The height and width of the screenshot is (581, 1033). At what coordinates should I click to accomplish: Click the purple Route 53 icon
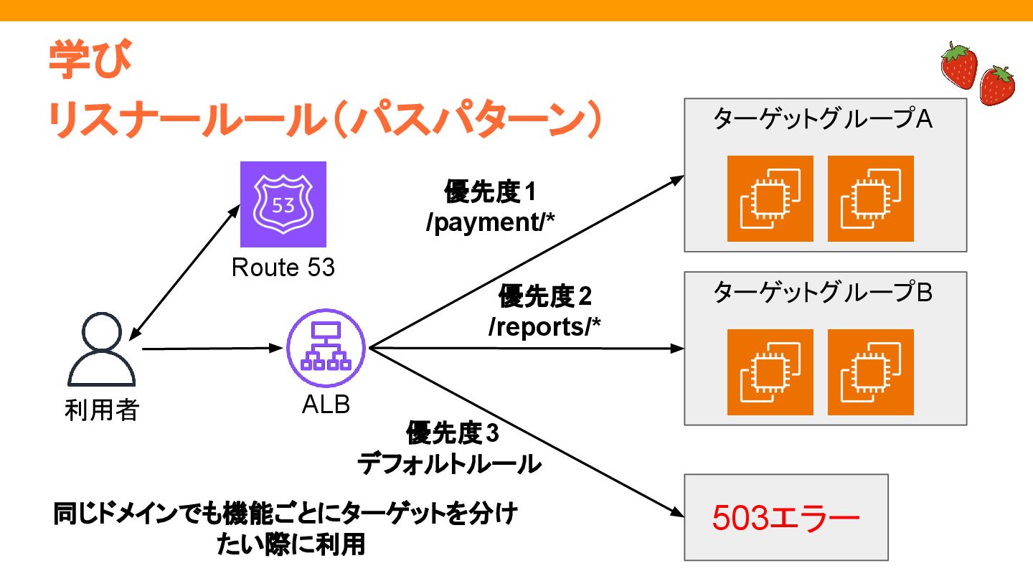click(283, 204)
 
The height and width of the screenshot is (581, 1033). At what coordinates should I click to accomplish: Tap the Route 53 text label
click(283, 268)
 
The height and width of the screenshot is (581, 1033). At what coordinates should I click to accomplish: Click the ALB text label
click(326, 405)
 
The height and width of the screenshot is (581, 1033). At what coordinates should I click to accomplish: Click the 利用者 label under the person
click(101, 411)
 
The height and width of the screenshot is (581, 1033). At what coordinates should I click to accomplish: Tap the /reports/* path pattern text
click(544, 326)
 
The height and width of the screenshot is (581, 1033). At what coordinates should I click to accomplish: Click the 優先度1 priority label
click(491, 192)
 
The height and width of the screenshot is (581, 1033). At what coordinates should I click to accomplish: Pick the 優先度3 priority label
click(451, 433)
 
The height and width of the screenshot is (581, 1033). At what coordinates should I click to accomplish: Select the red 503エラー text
click(786, 519)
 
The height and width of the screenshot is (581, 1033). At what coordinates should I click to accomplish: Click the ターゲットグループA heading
click(823, 119)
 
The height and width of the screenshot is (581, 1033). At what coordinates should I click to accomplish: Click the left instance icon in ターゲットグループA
click(770, 199)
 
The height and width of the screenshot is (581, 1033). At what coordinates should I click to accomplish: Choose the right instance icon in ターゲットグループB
click(870, 372)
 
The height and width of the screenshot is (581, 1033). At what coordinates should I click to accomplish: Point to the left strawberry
click(958, 65)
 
